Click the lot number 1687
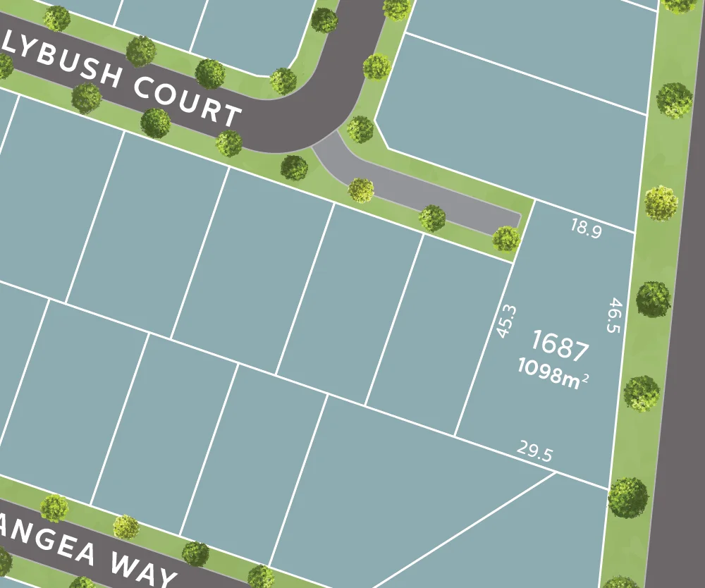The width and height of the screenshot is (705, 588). (560, 346)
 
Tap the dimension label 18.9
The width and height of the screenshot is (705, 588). (586, 228)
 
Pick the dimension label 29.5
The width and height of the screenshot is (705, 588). (534, 451)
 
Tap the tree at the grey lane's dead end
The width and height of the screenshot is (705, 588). (506, 238)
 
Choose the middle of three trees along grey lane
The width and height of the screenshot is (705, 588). (431, 218)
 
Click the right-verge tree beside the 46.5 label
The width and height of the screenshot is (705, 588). (654, 299)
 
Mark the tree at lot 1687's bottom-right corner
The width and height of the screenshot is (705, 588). (627, 497)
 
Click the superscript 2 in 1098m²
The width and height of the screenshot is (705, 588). (584, 375)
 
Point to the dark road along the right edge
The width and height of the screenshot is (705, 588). (680, 353)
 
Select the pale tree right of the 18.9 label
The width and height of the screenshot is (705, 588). (661, 203)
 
